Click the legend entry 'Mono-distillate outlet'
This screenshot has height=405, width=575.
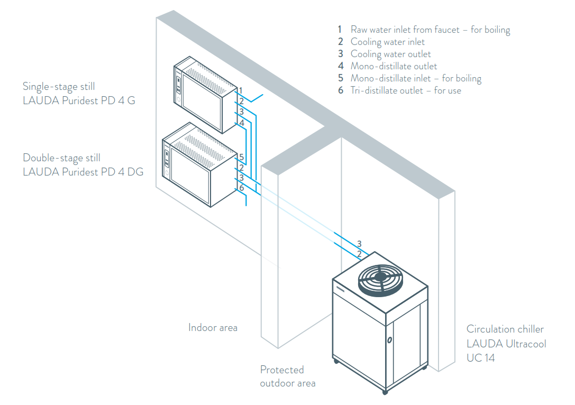(x=394, y=66)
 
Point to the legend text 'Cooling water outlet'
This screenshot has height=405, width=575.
(x=390, y=54)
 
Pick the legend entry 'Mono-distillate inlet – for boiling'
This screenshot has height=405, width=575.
(x=416, y=78)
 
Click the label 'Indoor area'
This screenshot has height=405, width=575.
(x=213, y=328)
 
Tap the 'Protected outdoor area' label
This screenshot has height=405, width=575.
(x=287, y=376)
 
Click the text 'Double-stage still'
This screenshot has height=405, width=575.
(x=61, y=158)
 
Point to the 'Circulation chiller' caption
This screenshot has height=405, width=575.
(x=505, y=329)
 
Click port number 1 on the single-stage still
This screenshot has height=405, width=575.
(x=241, y=90)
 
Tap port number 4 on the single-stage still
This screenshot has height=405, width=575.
(x=241, y=123)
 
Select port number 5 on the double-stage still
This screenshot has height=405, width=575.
(x=241, y=157)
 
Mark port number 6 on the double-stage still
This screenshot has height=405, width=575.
(x=241, y=188)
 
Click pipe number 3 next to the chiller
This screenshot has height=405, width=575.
(x=359, y=244)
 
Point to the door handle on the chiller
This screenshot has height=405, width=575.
(x=389, y=339)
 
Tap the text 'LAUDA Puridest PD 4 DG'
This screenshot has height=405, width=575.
(x=83, y=172)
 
